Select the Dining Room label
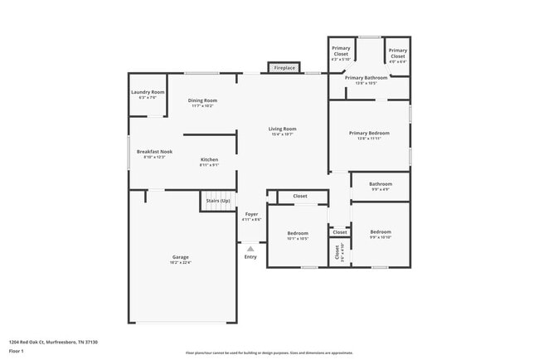[x=202, y=103]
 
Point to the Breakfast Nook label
[x=154, y=154]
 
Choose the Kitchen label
[x=209, y=162]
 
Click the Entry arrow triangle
[x=250, y=247]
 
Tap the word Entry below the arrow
[x=250, y=256]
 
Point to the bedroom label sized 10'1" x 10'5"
[x=298, y=236]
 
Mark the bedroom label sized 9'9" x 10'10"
[x=381, y=234]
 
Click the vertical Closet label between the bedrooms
[x=337, y=254]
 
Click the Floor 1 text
[x=17, y=351]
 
